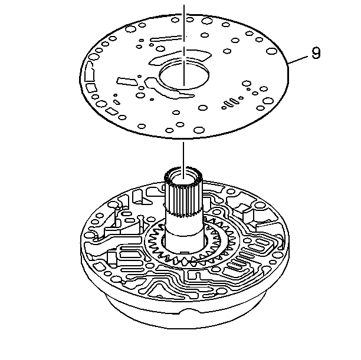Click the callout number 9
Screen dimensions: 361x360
tap(316, 53)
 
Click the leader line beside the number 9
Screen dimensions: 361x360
tap(298, 60)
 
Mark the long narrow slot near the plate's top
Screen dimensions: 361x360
tap(166, 38)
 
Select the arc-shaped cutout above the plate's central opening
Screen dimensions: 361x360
tap(179, 57)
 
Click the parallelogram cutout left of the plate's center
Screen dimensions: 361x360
tap(127, 81)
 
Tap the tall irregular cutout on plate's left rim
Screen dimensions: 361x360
tap(89, 72)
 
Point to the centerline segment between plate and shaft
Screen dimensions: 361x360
tap(183, 160)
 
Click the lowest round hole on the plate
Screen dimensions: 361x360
tap(199, 130)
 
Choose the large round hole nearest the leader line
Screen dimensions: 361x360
tap(271, 51)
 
